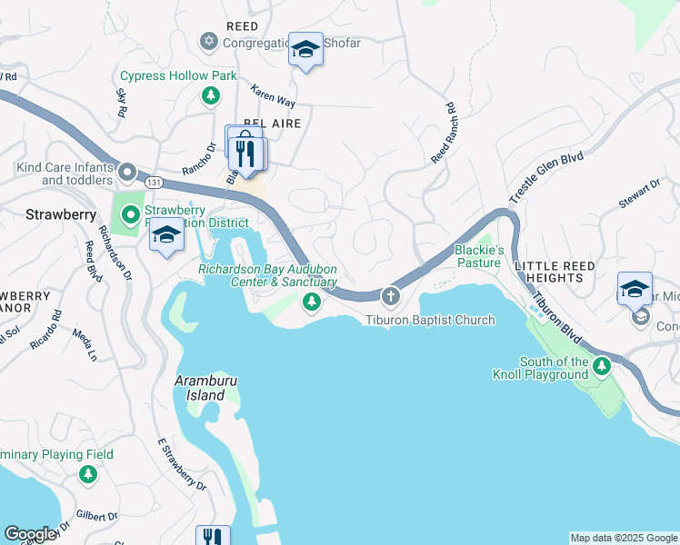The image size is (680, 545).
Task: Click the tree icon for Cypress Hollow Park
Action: (x=211, y=94)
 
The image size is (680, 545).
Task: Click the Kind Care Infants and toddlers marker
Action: (x=127, y=171)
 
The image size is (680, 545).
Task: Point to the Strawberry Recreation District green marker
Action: (x=131, y=215)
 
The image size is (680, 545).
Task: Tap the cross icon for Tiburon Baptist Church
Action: (x=391, y=296)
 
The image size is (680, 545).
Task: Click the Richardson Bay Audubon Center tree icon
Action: (x=312, y=302)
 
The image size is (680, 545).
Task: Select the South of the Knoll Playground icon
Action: (x=601, y=367)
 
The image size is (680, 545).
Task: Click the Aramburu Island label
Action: (x=199, y=389)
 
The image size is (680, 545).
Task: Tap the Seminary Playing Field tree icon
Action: (x=87, y=474)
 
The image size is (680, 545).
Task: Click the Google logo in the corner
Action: (x=30, y=534)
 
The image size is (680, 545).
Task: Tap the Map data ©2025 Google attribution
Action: (x=624, y=538)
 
